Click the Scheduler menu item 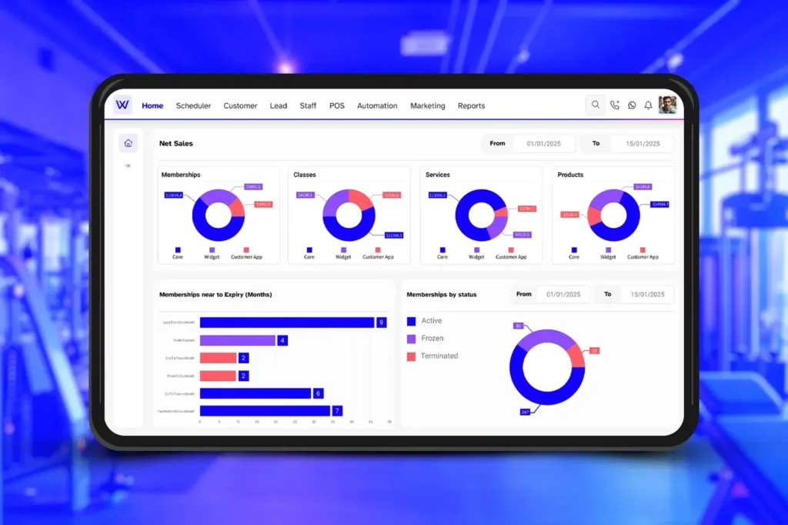pos(193,105)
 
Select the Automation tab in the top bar pos(377,105)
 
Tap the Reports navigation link pos(471,105)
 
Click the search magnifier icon pos(595,105)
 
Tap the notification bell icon pos(648,105)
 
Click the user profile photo pos(667,105)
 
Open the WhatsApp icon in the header pos(632,105)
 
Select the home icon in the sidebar pos(128,142)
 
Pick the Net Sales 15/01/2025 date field pos(642,144)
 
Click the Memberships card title pos(181,175)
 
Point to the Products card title pos(570,175)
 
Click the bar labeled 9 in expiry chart pos(286,323)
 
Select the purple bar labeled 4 pos(237,340)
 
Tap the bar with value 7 pos(265,411)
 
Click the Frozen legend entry pos(432,339)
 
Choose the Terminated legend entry pos(439,356)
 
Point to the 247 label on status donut pos(526,412)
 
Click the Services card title pos(437,175)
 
